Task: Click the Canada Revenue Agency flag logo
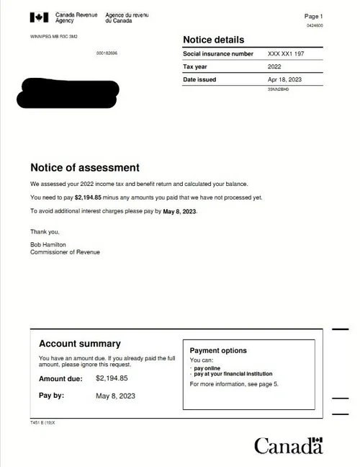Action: pyautogui.click(x=40, y=17)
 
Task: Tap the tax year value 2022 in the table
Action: pyautogui.click(x=274, y=67)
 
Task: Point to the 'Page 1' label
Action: pyautogui.click(x=314, y=16)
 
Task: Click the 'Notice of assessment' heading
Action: pyautogui.click(x=85, y=168)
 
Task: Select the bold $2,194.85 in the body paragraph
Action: pyautogui.click(x=88, y=197)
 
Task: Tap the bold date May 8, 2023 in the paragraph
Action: pyautogui.click(x=179, y=211)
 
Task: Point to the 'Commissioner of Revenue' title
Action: pyautogui.click(x=65, y=252)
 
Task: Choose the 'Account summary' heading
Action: pyautogui.click(x=79, y=344)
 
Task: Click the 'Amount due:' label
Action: pyautogui.click(x=60, y=378)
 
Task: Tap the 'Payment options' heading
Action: pyautogui.click(x=218, y=351)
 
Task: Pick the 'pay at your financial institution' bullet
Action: pyautogui.click(x=233, y=374)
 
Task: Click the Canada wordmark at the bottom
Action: pyautogui.click(x=288, y=445)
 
